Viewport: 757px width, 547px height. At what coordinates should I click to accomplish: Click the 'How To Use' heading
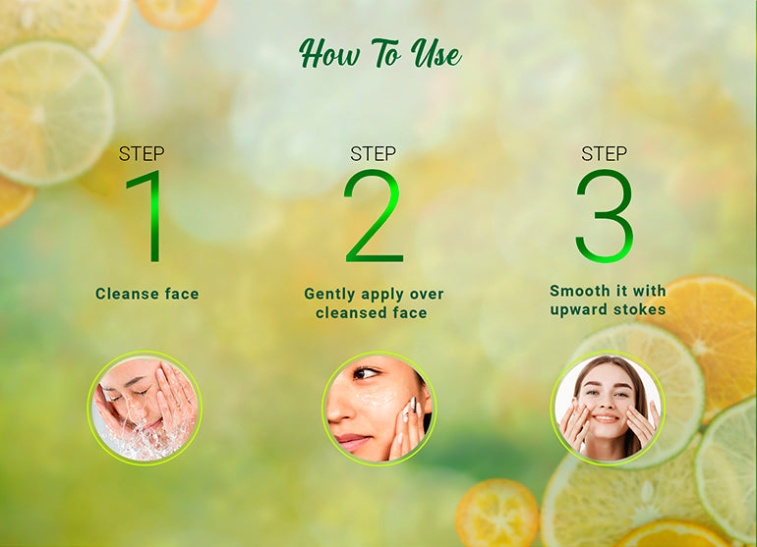click(x=379, y=54)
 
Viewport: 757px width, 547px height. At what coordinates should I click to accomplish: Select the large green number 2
click(x=373, y=216)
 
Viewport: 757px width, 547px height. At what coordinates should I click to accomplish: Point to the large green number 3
click(x=604, y=216)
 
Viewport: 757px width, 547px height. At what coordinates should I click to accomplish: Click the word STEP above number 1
click(x=142, y=154)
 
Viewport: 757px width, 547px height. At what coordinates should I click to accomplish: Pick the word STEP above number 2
click(x=373, y=154)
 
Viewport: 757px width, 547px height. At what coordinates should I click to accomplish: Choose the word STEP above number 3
click(x=604, y=154)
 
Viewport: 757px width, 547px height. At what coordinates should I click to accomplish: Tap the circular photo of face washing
click(x=145, y=409)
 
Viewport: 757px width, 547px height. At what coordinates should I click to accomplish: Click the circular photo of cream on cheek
click(x=378, y=409)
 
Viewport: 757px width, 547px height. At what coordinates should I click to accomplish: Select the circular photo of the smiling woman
click(x=608, y=409)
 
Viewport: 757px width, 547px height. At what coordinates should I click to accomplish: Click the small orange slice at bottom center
click(x=496, y=513)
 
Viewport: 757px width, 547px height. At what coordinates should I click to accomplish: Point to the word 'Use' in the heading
click(x=437, y=54)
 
